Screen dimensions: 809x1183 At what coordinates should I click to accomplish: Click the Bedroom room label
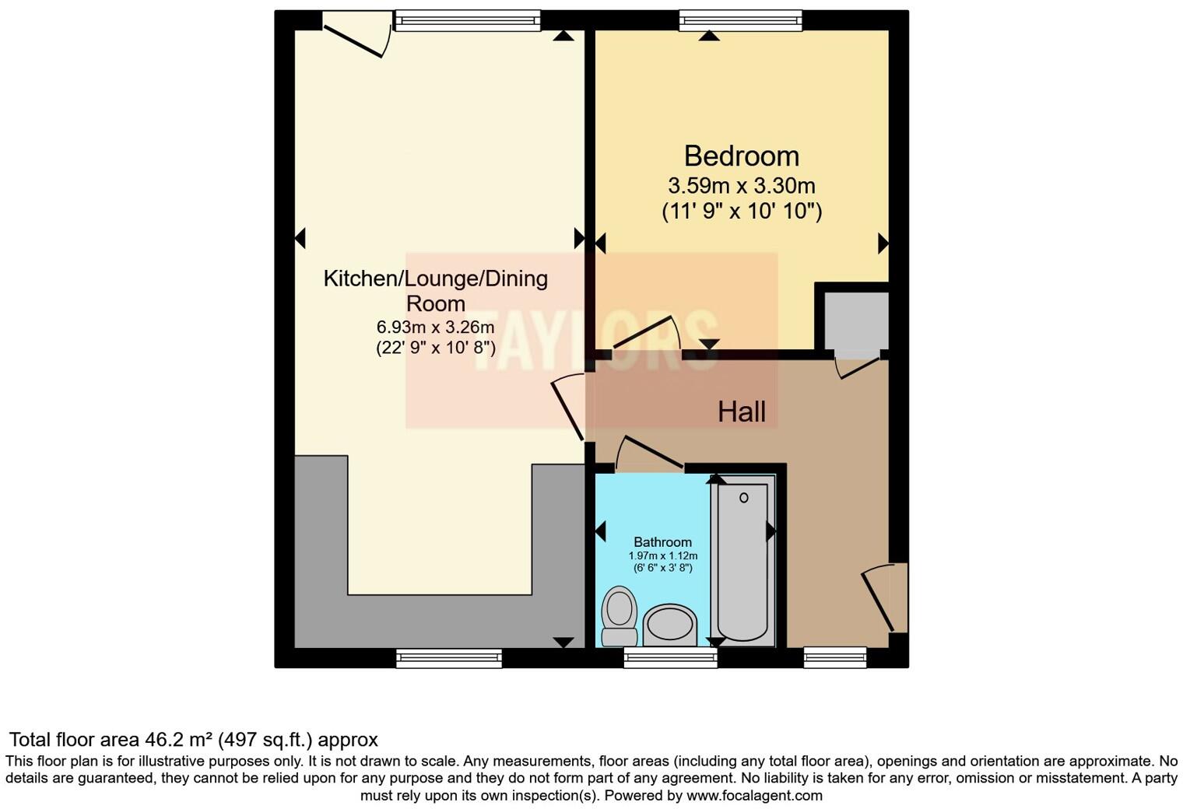(x=741, y=156)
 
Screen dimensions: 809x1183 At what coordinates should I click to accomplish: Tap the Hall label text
(x=741, y=412)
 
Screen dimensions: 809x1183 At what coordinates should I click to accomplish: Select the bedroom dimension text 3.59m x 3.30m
(x=741, y=186)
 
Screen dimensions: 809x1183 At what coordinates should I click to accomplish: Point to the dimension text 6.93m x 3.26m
(x=435, y=327)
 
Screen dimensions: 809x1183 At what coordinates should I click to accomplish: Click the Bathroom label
(x=662, y=542)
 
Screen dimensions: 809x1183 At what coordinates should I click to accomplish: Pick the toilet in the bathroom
(x=620, y=615)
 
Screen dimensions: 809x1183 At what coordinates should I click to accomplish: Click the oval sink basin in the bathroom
(x=670, y=625)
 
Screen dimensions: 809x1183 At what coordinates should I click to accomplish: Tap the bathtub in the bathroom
(x=743, y=560)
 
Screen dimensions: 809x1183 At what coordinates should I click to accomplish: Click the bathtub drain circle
(x=743, y=498)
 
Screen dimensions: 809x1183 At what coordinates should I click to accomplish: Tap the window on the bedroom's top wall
(x=739, y=20)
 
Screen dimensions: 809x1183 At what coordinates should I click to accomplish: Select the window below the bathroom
(x=670, y=659)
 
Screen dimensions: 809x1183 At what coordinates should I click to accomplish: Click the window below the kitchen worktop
(x=449, y=659)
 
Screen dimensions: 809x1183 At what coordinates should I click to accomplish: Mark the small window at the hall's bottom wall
(x=835, y=658)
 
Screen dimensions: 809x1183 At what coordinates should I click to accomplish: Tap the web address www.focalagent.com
(x=754, y=796)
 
